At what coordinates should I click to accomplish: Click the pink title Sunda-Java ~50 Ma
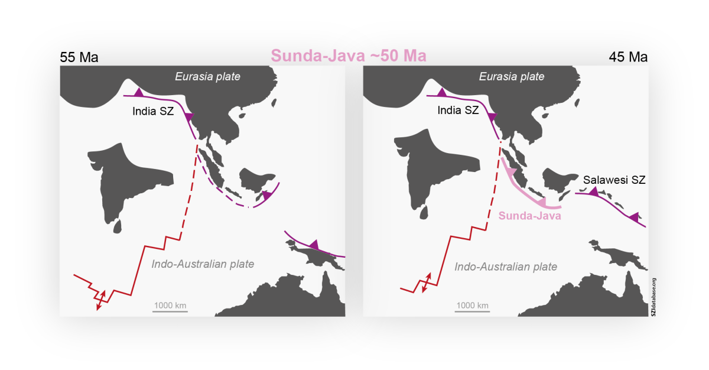click(348, 56)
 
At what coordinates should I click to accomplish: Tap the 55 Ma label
click(79, 57)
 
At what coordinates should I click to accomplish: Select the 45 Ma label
click(628, 57)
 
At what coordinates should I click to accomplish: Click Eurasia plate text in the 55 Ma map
click(207, 76)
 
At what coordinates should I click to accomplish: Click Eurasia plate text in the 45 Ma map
click(511, 76)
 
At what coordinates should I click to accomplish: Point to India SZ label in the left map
click(152, 111)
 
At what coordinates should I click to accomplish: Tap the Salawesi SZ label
click(614, 180)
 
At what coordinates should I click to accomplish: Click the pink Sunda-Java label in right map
click(529, 216)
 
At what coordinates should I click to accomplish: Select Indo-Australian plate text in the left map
click(203, 264)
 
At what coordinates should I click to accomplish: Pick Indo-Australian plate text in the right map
click(506, 267)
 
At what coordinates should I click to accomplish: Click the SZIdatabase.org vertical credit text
click(653, 297)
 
